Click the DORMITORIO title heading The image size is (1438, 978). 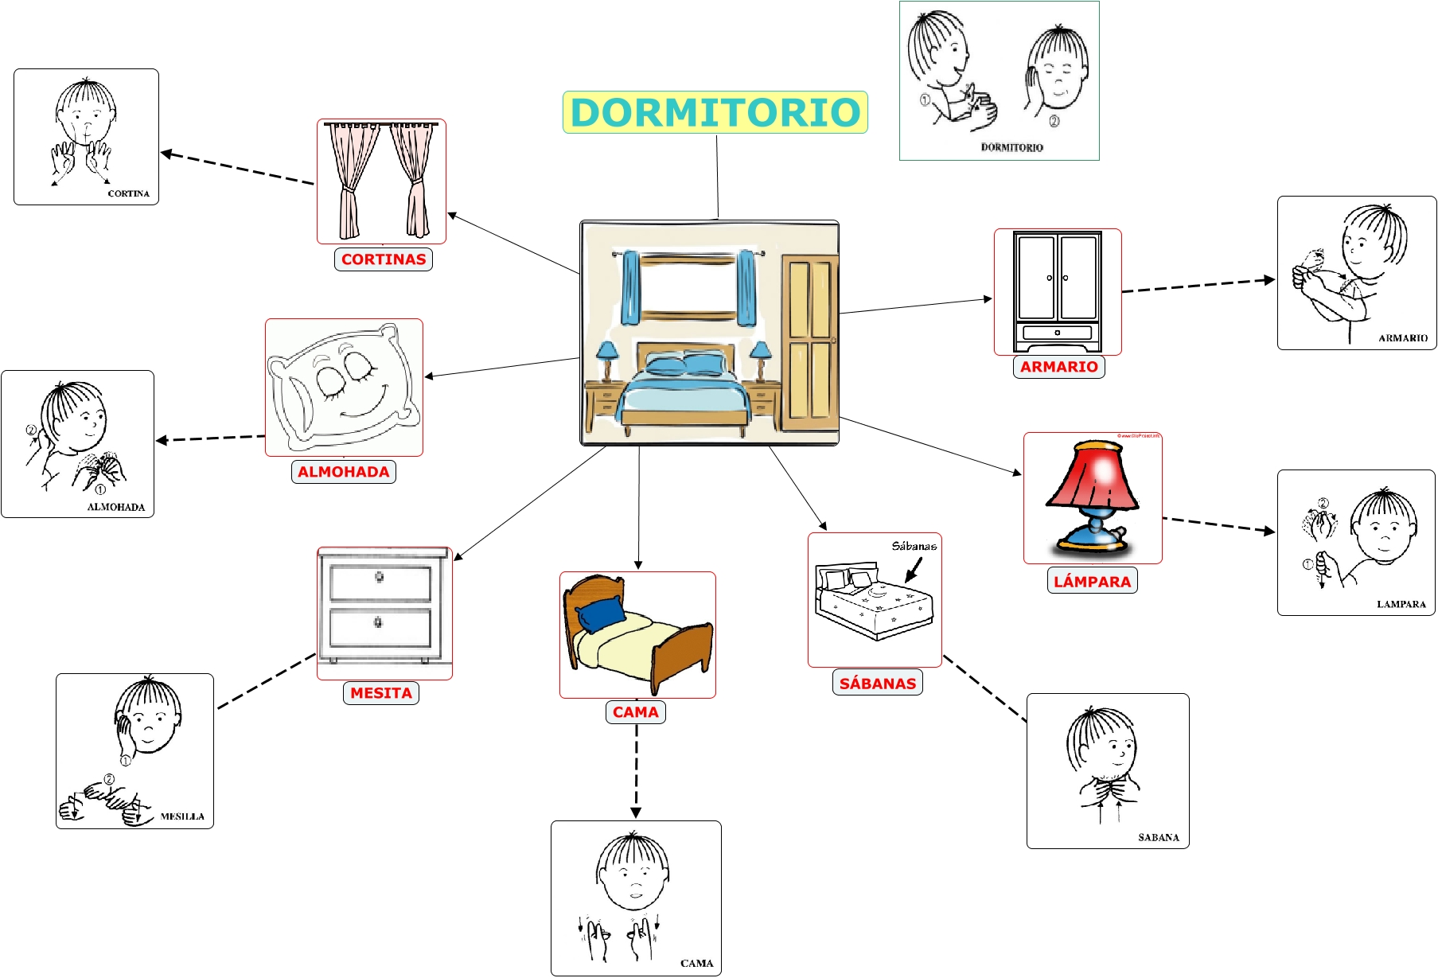715,112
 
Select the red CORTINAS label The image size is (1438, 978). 384,259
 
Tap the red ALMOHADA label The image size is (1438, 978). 344,472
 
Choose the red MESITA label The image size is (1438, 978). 381,693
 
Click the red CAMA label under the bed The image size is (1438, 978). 636,712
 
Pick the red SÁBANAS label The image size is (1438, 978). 878,684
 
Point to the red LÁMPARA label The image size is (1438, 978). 1092,581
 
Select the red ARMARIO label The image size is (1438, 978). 1058,367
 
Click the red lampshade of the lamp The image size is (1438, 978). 1092,477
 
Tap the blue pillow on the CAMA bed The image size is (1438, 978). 601,613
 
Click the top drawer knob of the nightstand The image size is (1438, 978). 380,577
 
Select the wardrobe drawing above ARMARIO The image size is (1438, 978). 1058,292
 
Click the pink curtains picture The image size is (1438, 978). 381,181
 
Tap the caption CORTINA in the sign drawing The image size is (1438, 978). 129,193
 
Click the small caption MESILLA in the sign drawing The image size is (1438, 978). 182,816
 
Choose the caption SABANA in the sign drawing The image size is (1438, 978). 1159,837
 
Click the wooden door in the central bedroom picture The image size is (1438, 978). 809,342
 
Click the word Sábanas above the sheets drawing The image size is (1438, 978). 914,546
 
